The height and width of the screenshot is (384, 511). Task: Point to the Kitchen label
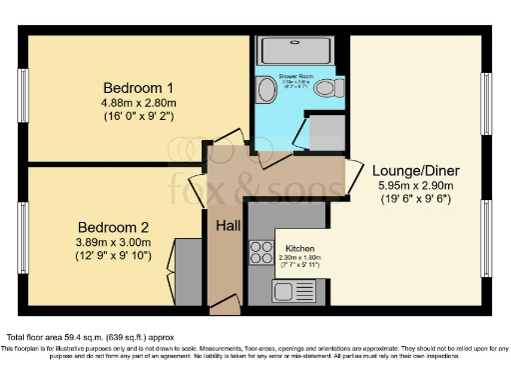(x=300, y=248)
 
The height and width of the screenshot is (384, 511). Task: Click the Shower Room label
(x=296, y=76)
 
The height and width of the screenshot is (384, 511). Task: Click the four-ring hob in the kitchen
(x=261, y=251)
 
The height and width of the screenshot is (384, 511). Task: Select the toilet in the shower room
(x=326, y=89)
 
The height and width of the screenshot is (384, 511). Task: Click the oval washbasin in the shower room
(x=264, y=90)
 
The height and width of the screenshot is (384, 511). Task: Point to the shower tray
(x=297, y=50)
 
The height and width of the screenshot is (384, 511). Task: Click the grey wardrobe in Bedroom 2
(x=188, y=270)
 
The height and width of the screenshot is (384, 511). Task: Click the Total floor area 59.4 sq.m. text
(x=77, y=338)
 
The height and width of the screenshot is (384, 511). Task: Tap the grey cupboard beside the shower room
(x=324, y=132)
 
